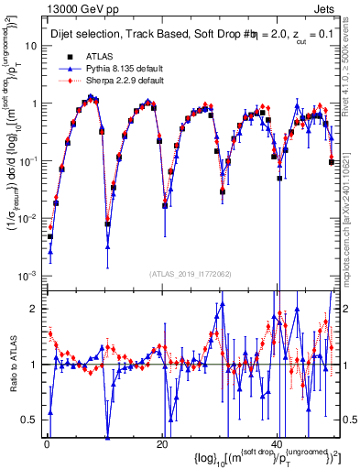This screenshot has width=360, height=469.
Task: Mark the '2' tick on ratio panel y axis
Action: (x=35, y=309)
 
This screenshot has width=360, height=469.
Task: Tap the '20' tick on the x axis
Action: (x=162, y=445)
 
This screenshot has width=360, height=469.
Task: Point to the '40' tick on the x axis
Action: (x=278, y=445)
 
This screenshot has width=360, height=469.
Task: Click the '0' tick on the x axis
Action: (x=46, y=445)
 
